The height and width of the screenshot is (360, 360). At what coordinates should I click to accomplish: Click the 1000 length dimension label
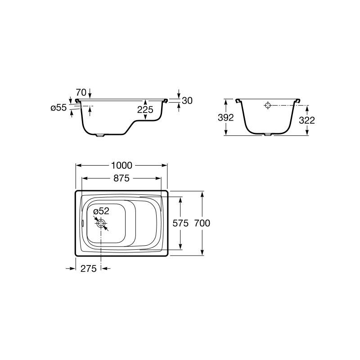point(121,165)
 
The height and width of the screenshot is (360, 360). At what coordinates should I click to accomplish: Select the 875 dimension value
point(121,178)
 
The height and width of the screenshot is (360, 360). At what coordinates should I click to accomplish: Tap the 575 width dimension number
point(180,223)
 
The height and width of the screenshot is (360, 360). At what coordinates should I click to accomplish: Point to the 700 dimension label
point(202,223)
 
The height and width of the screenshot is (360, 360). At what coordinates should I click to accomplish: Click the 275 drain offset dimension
point(88,268)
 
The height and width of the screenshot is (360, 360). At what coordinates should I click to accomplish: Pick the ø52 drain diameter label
point(101,211)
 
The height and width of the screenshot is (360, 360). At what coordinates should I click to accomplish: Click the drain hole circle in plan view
point(101,223)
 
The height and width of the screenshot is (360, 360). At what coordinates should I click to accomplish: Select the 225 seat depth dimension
point(145,110)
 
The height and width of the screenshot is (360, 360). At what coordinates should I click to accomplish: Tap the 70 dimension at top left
point(81,93)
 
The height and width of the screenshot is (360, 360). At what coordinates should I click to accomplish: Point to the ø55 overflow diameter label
point(58,108)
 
